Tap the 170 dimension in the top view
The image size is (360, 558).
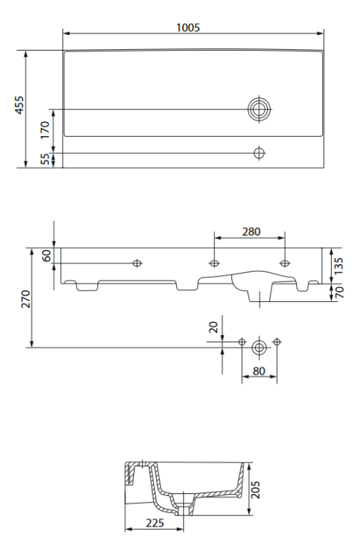pyautogui.click(x=45, y=131)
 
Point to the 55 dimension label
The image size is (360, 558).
pyautogui.click(x=45, y=159)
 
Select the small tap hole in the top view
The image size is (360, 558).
pyautogui.click(x=259, y=153)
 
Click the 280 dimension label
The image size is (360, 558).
pyautogui.click(x=251, y=231)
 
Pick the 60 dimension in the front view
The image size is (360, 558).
pyautogui.click(x=46, y=256)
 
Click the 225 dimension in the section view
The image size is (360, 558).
pyautogui.click(x=154, y=523)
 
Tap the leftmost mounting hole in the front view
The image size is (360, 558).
pyautogui.click(x=137, y=263)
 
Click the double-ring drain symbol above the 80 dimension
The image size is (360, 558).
pyautogui.click(x=259, y=347)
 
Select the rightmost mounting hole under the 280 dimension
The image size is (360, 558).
pyautogui.click(x=284, y=263)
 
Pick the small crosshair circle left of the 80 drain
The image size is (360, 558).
pyautogui.click(x=242, y=341)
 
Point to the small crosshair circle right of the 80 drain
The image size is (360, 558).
pyautogui.click(x=277, y=341)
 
